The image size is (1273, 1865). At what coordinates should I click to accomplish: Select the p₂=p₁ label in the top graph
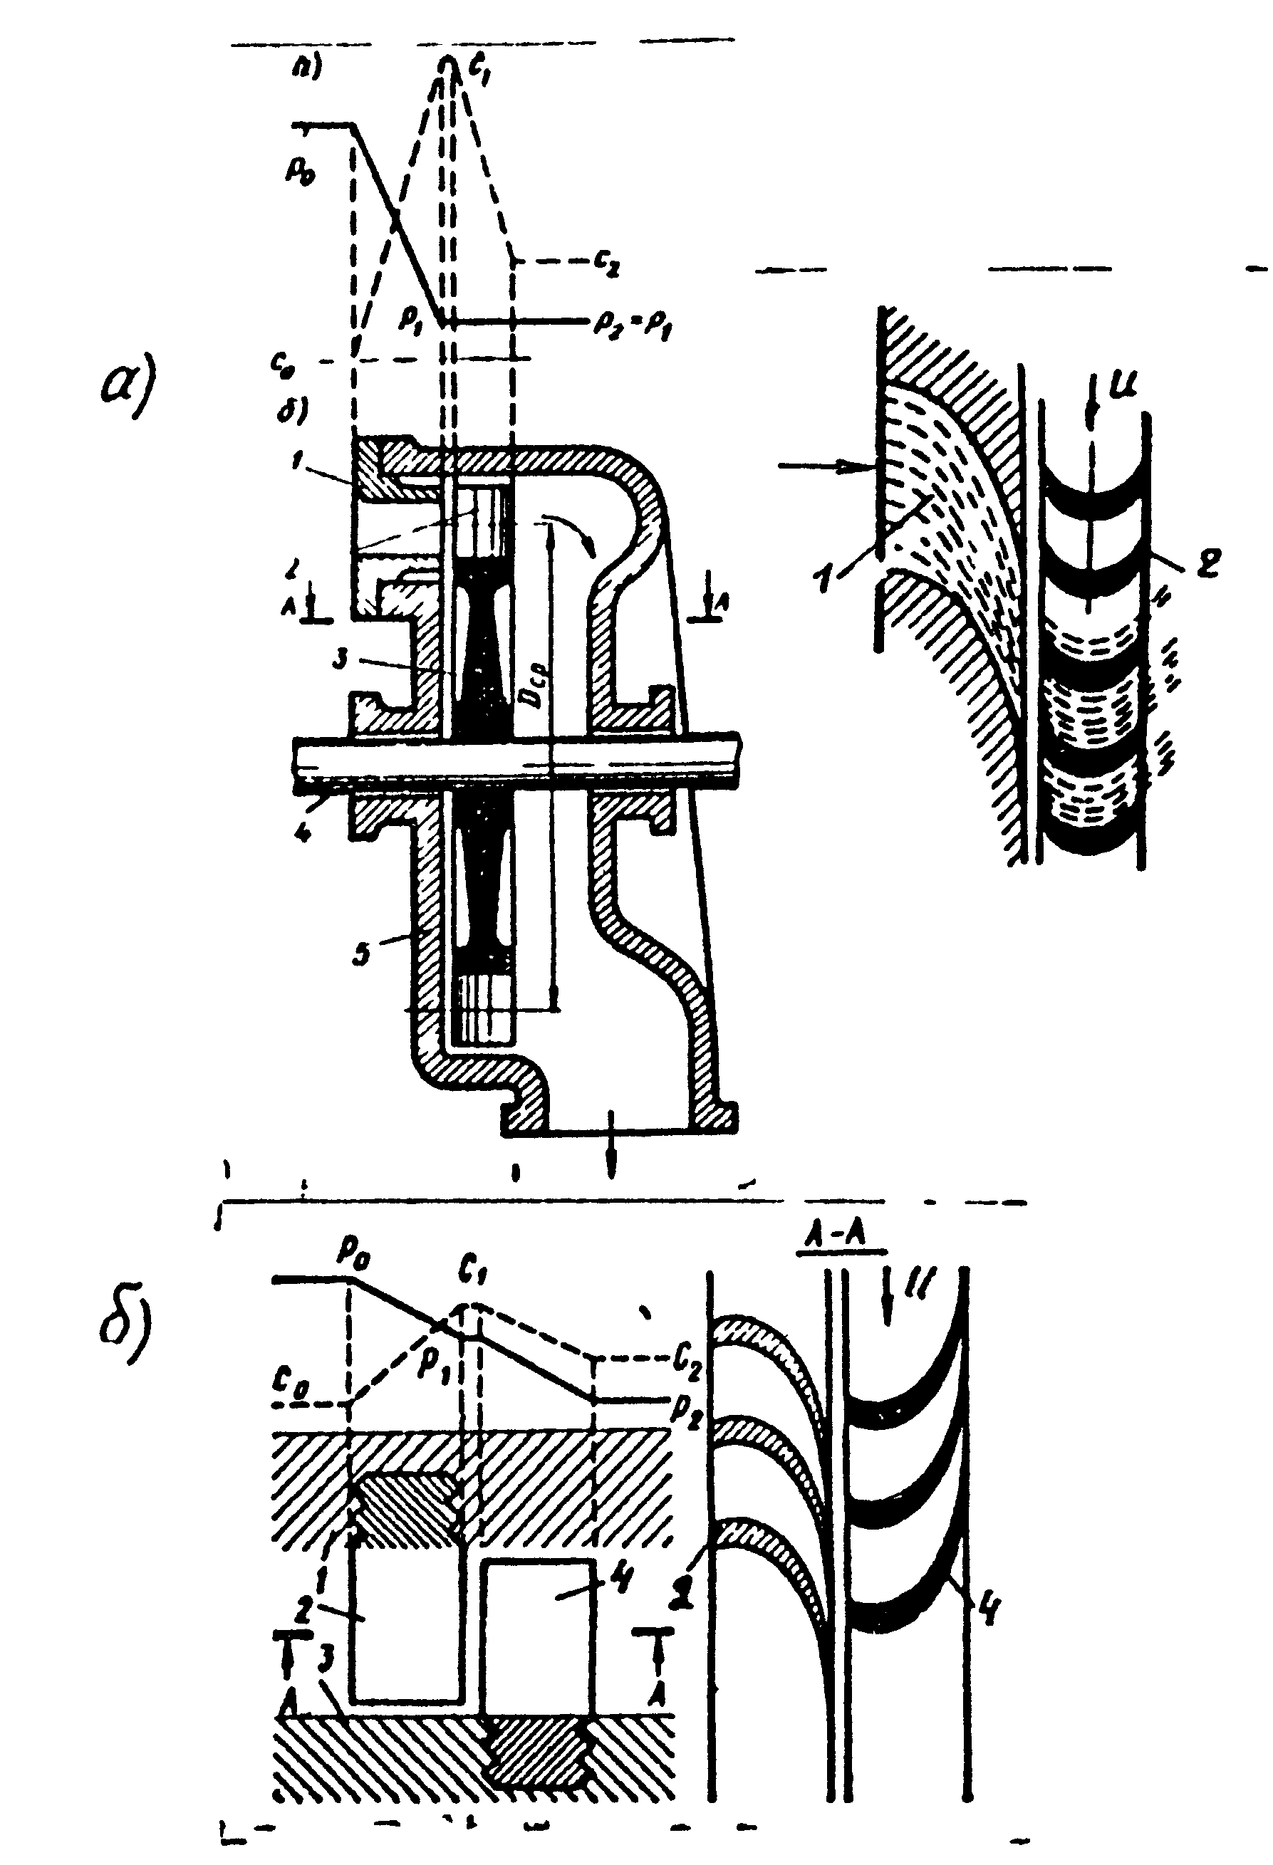632,323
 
